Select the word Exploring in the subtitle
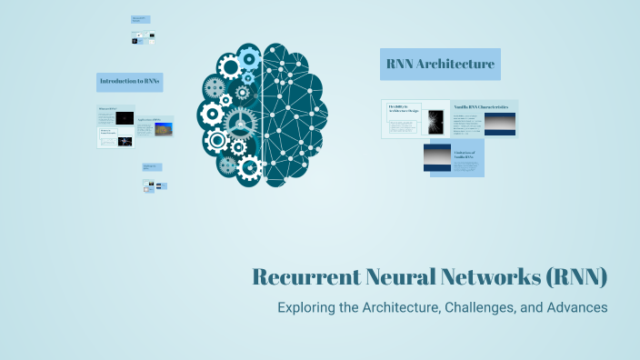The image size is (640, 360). point(307,307)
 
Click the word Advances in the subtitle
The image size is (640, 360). point(576,307)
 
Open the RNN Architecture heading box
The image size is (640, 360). point(440,65)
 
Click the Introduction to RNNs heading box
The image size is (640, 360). point(129,82)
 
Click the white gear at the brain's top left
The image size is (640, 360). point(230,65)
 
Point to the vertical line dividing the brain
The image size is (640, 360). point(264,109)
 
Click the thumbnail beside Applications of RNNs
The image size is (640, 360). point(164,129)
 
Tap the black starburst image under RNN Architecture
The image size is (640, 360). point(435,119)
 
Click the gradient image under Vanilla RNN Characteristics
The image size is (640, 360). point(499,124)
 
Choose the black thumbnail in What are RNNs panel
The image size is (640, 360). point(125,118)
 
